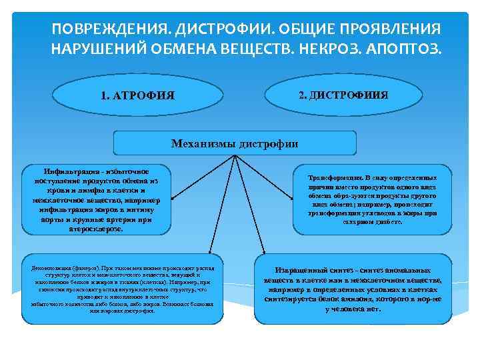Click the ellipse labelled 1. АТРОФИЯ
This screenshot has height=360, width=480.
tap(138, 95)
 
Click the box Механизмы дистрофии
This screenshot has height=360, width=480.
tap(235, 143)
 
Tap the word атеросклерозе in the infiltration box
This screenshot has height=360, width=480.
tap(96, 228)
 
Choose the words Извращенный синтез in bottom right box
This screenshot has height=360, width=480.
tap(308, 271)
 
